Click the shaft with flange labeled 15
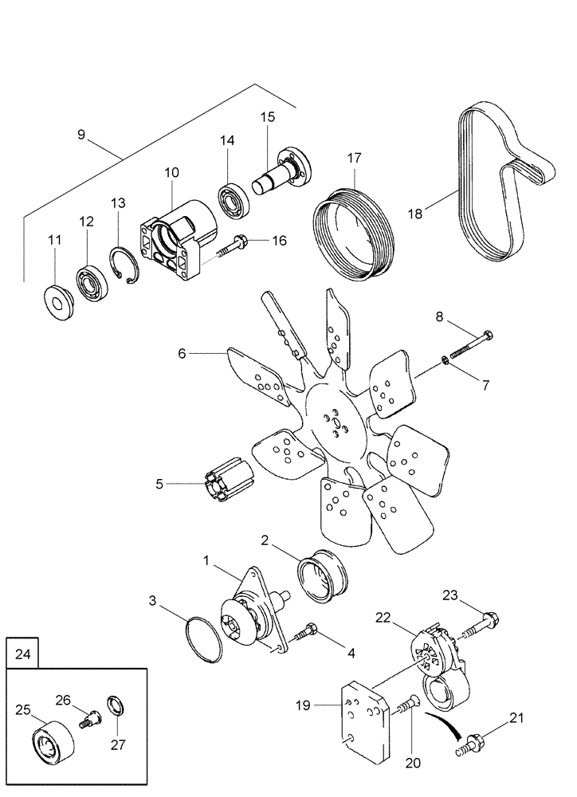[x=283, y=171]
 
